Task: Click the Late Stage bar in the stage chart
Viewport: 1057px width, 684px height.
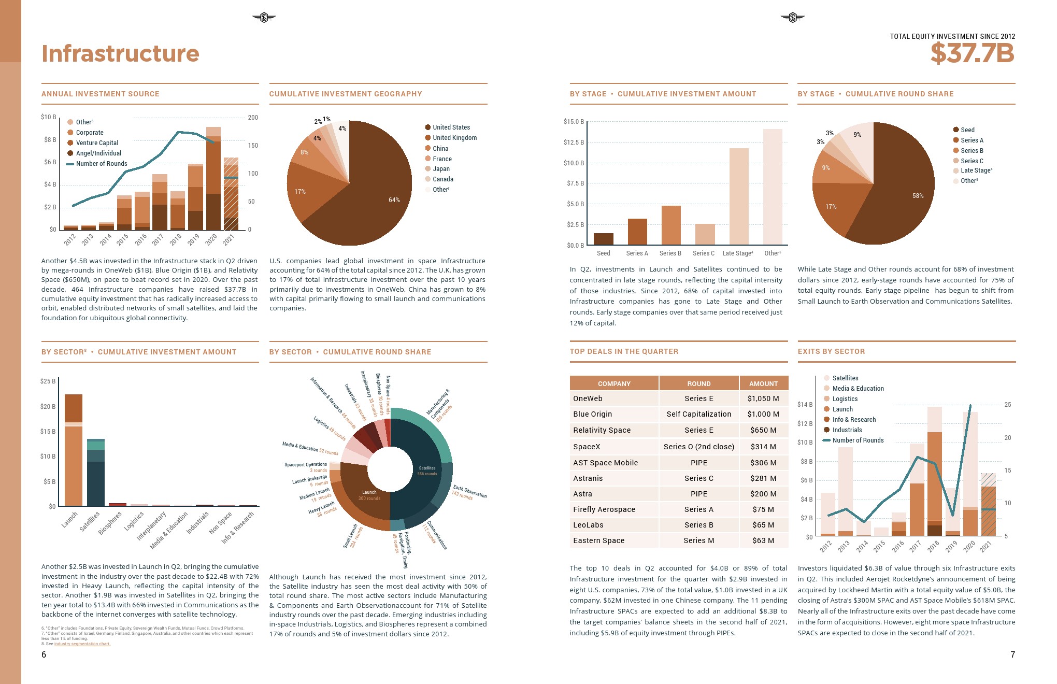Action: pos(739,197)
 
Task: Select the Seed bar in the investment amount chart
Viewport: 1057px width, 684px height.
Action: pos(603,239)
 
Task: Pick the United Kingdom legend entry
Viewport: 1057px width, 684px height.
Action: pos(454,138)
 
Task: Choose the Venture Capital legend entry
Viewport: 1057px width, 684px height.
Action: pos(97,143)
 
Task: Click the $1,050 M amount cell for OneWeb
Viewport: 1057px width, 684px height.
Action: pos(763,398)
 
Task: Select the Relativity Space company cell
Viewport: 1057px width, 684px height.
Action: pos(602,430)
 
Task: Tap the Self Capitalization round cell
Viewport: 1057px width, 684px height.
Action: pos(698,414)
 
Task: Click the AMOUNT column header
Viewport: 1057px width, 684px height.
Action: pos(763,383)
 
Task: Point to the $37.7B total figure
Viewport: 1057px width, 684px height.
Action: pos(972,53)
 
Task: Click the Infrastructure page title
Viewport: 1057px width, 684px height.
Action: pos(120,54)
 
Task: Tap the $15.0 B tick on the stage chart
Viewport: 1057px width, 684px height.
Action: pos(574,122)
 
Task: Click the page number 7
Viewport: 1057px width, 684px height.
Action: pos(1012,654)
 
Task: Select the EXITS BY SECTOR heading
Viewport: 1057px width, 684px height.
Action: pos(831,351)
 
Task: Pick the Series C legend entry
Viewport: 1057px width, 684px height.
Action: pos(972,161)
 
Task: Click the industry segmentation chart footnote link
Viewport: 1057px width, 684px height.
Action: pos(82,644)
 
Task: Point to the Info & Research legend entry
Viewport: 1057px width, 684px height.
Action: pos(853,420)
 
